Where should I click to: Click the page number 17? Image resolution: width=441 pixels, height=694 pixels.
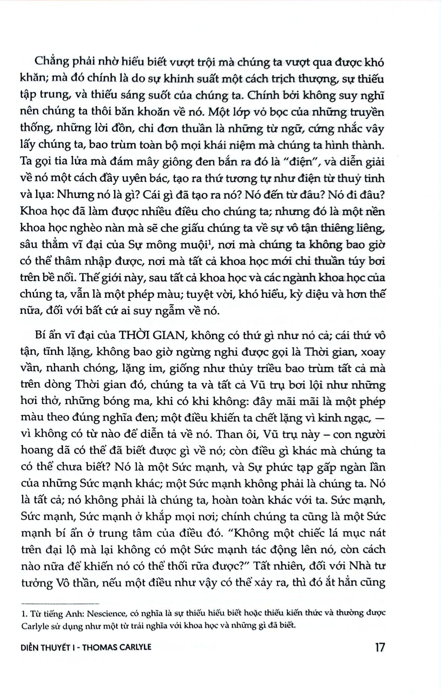point(380,647)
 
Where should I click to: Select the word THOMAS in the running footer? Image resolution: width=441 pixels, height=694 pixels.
point(97,647)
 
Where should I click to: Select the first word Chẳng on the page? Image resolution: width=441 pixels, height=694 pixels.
point(51,63)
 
